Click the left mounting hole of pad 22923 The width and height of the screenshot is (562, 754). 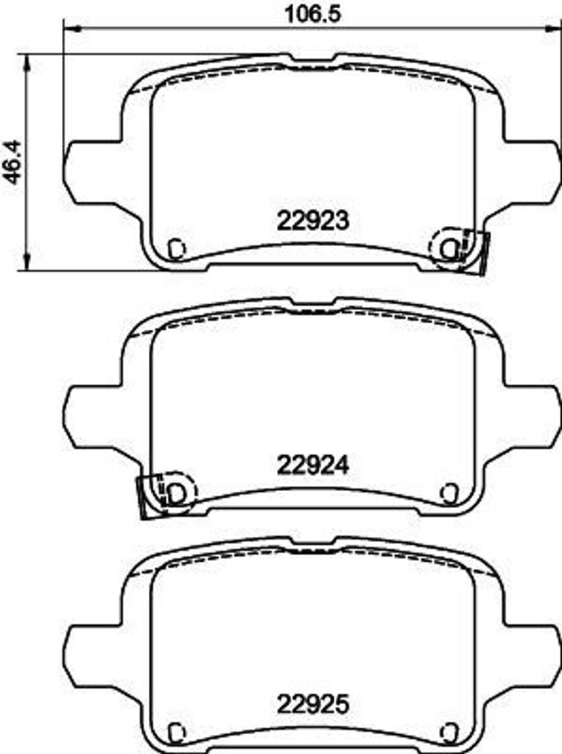[x=175, y=249]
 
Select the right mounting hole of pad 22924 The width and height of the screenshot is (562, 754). [x=448, y=492]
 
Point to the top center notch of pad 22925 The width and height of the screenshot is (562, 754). [x=310, y=543]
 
